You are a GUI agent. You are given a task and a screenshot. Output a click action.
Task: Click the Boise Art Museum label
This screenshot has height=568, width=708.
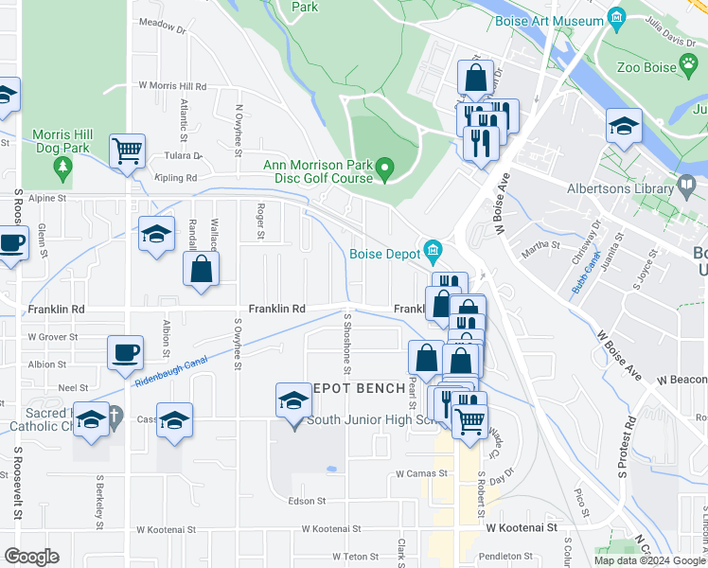click(556, 21)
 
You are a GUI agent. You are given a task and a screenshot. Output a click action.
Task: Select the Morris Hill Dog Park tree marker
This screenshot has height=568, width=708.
click(62, 169)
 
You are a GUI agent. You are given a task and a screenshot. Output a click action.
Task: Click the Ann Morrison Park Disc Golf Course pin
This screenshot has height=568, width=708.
click(384, 170)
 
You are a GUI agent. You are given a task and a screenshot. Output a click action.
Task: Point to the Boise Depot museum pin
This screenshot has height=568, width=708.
click(433, 253)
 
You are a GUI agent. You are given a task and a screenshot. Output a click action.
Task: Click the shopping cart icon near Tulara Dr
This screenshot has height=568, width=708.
click(127, 151)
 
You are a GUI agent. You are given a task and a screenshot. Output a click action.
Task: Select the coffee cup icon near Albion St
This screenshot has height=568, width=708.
click(125, 353)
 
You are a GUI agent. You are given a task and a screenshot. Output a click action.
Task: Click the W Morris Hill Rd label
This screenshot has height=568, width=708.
click(172, 86)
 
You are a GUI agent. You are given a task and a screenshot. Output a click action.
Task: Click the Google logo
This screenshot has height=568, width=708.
click(32, 557)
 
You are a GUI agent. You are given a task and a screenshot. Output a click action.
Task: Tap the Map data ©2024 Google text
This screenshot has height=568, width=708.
click(649, 560)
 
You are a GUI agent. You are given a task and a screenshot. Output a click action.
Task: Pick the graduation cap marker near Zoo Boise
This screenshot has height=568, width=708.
click(624, 126)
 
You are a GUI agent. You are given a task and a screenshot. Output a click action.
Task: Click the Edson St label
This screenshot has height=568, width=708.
click(307, 501)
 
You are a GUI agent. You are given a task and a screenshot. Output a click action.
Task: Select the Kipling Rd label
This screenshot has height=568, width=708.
click(177, 177)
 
